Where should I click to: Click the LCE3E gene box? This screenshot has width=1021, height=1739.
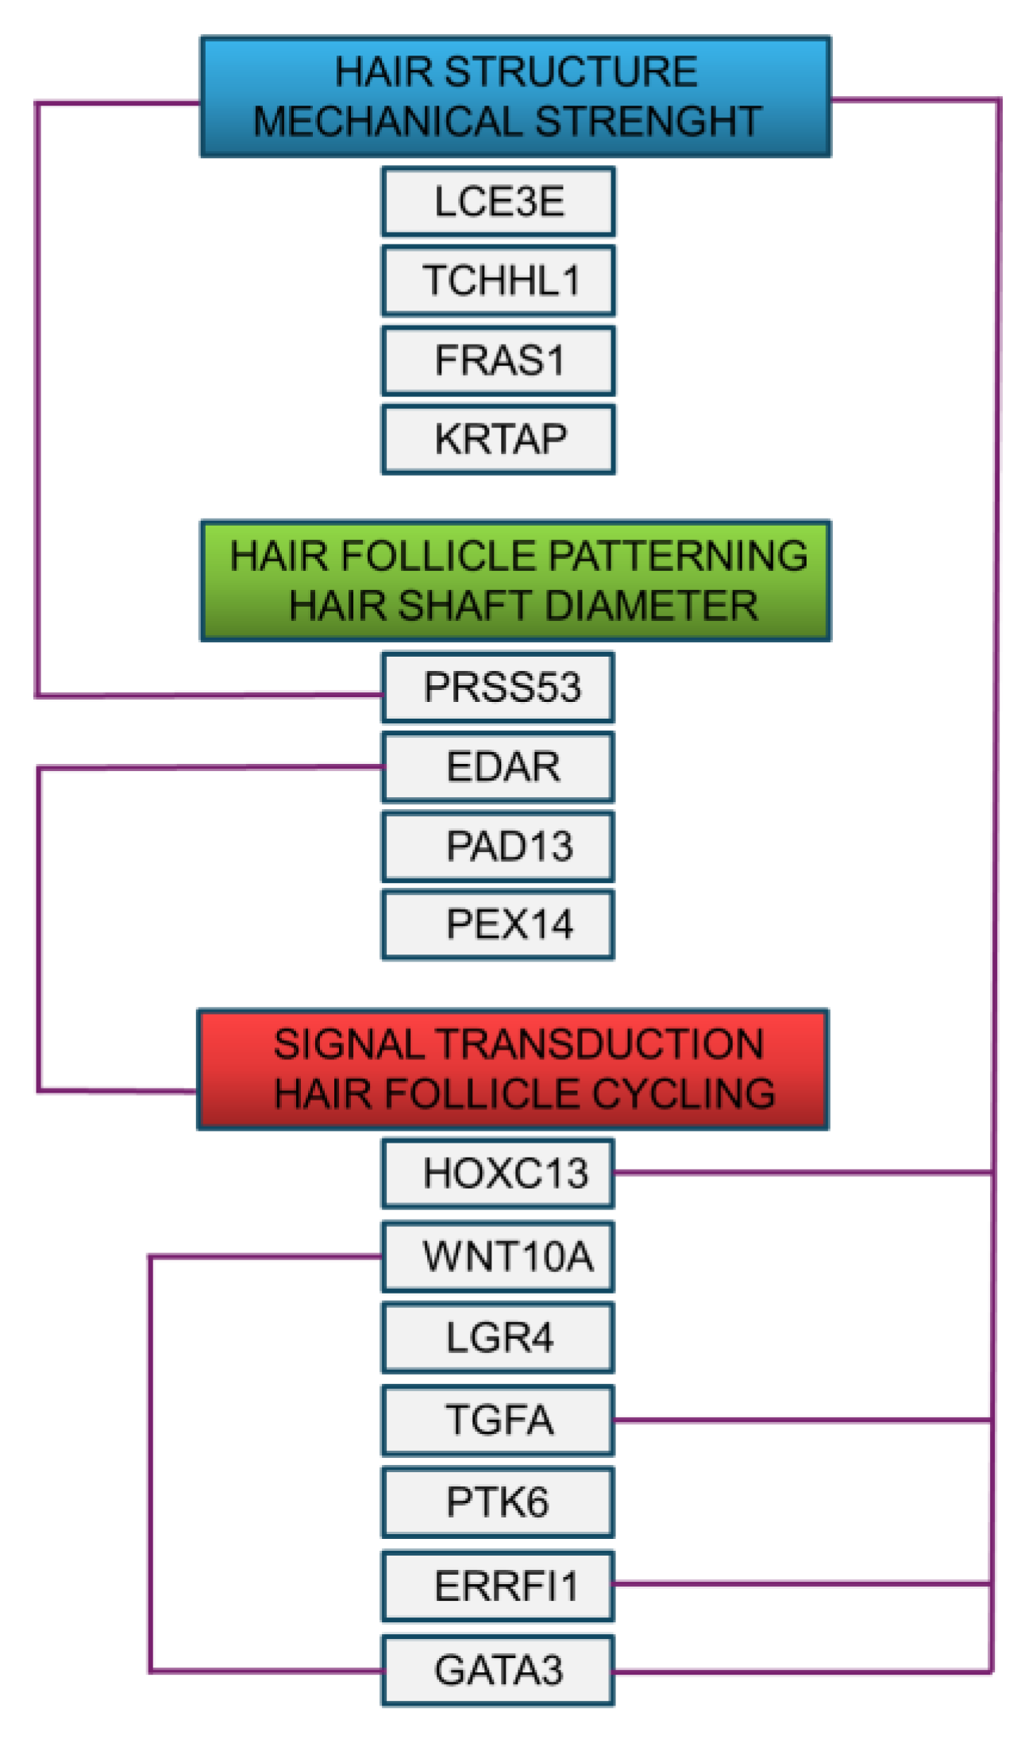[x=498, y=202]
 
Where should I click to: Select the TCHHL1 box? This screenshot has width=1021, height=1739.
[x=498, y=281]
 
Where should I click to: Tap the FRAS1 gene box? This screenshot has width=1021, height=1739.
[x=498, y=361]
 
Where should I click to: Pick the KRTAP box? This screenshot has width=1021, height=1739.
[x=498, y=439]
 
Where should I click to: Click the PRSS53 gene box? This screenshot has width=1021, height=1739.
[x=498, y=687]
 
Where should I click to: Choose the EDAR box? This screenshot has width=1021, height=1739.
[x=498, y=767]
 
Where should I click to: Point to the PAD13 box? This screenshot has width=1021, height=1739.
[x=498, y=846]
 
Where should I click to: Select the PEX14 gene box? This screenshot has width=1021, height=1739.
[x=498, y=924]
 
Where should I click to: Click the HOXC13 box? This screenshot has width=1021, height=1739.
[x=498, y=1174]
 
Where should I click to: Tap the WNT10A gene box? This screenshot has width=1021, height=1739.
[x=498, y=1257]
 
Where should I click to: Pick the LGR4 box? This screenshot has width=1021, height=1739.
[x=498, y=1338]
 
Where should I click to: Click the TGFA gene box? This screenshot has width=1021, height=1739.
[x=498, y=1420]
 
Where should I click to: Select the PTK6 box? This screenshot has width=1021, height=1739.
[x=498, y=1502]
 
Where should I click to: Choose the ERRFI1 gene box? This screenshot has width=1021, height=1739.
[x=498, y=1586]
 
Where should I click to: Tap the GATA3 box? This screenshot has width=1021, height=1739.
[x=498, y=1670]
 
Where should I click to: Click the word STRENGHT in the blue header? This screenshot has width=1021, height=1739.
[x=648, y=121]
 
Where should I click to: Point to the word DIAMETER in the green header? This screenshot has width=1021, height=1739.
[x=651, y=606]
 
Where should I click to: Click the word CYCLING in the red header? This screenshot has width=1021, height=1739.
[x=684, y=1093]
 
